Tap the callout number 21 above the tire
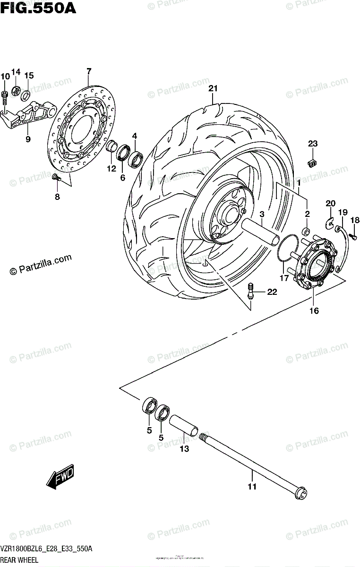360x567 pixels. [x=213, y=88]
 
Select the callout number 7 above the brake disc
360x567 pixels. [x=88, y=72]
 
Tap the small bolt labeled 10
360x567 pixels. [x=5, y=96]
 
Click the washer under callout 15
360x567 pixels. [x=26, y=91]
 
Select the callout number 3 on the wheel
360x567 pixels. [x=261, y=214]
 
